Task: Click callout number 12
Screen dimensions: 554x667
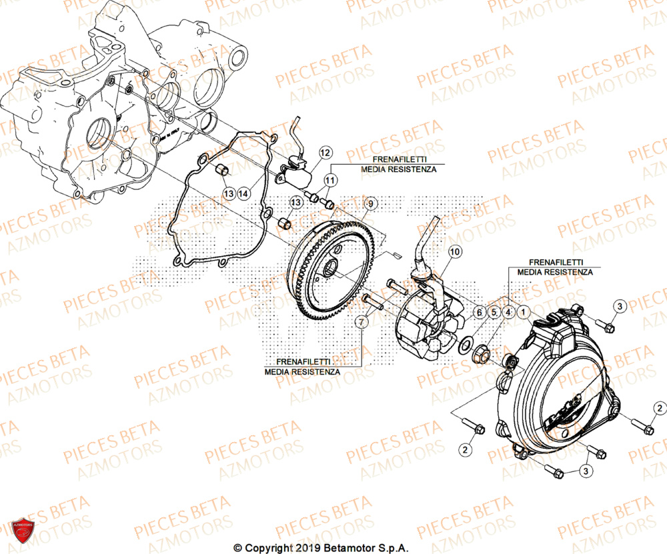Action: [x=324, y=153]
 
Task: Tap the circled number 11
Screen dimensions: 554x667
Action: [x=330, y=180]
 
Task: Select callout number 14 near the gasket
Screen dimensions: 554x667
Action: [x=243, y=193]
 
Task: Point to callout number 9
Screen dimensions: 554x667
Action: [x=371, y=203]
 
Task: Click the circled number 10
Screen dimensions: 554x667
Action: [x=454, y=251]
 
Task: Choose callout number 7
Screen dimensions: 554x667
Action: [x=361, y=323]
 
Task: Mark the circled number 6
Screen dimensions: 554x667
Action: [x=478, y=311]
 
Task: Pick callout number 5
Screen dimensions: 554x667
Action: [x=494, y=311]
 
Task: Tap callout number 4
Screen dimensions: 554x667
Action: [x=508, y=311]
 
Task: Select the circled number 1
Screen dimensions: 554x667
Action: [x=524, y=311]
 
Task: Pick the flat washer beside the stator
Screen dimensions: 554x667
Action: [x=466, y=347]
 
